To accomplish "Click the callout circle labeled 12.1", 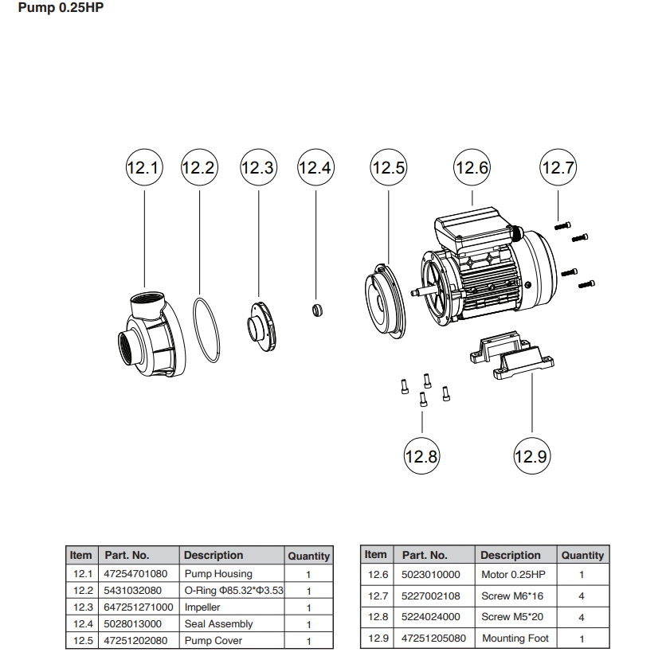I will [144, 168].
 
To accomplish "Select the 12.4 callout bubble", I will [315, 168].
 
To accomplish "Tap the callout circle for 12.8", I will [421, 456].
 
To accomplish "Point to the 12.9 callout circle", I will [531, 456].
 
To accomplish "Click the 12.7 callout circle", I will [558, 168].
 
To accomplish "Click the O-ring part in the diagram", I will [206, 330].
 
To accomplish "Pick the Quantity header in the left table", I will [308, 556].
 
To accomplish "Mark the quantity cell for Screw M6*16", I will [582, 595].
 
